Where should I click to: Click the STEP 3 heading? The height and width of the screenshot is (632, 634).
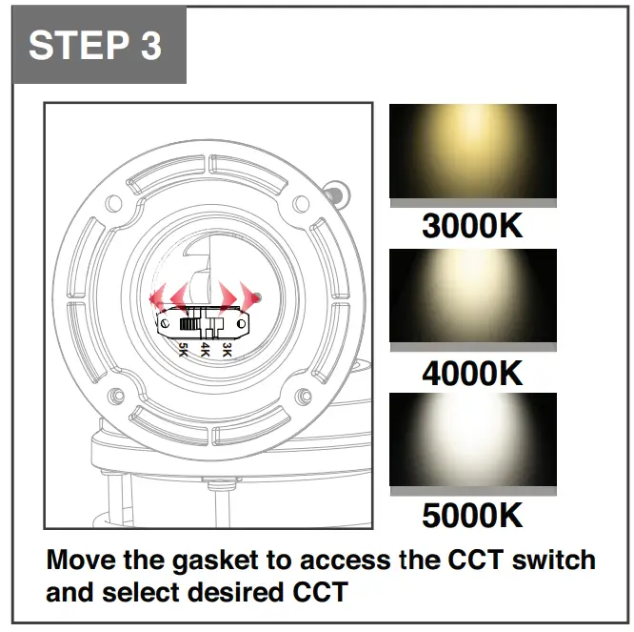pos(95,46)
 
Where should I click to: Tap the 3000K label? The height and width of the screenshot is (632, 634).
pos(473,226)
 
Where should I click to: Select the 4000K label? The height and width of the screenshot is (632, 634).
pos(473,372)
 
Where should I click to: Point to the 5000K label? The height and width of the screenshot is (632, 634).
pos(473,516)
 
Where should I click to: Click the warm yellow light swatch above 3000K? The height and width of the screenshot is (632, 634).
pos(473,152)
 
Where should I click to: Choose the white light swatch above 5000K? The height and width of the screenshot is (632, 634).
pos(473,439)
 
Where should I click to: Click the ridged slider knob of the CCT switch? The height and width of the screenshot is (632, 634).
pos(189,325)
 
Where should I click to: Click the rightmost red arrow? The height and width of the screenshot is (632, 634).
pos(249,293)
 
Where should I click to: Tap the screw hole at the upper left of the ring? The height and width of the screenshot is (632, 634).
pos(113,203)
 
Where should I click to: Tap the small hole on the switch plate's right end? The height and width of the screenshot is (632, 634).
pos(241,324)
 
